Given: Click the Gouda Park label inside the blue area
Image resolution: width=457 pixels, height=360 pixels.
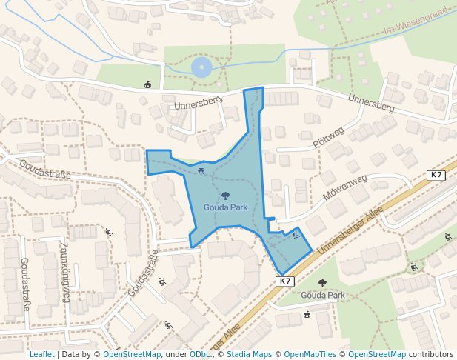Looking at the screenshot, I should click(x=225, y=207).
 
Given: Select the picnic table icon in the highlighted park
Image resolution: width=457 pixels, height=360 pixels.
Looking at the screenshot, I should click(x=201, y=172).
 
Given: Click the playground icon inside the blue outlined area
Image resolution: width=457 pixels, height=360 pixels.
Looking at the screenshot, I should click(x=296, y=236).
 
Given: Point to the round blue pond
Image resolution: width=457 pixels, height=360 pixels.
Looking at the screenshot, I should click(x=201, y=69).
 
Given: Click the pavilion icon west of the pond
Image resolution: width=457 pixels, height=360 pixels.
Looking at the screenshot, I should click(x=148, y=84).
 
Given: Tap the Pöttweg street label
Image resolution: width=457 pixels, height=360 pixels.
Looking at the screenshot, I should click(x=330, y=137).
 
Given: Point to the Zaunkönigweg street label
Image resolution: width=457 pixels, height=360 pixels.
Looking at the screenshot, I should click(x=64, y=272).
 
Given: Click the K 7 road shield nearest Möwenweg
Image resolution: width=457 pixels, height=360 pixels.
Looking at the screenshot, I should click(x=436, y=176).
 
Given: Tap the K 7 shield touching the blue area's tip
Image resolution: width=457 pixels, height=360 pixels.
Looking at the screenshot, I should click(x=286, y=281).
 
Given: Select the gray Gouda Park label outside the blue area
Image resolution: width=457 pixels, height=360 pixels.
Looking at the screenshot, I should click(x=323, y=295).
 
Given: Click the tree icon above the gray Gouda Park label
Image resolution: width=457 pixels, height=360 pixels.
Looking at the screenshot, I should click(x=322, y=284).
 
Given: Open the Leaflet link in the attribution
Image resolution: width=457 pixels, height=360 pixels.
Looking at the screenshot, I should click(x=41, y=354).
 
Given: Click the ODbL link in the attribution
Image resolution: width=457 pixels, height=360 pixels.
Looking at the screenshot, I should click(x=199, y=354).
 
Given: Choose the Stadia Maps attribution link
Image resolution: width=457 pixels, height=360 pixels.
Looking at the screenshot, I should click(x=249, y=354).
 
